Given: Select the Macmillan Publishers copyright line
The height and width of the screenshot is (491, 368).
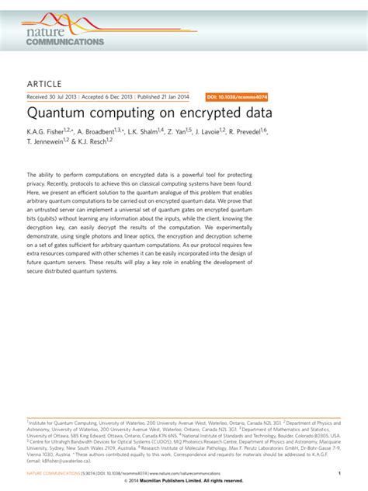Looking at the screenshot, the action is (x=184, y=481).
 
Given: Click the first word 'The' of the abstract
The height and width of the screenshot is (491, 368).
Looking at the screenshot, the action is (x=33, y=176).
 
